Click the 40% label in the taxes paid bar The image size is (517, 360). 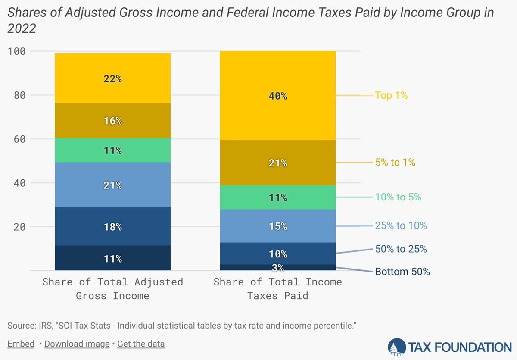click(x=278, y=96)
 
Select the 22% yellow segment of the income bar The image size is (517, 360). click(x=112, y=78)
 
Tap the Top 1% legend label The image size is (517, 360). click(x=391, y=95)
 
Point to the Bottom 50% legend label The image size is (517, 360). click(x=402, y=272)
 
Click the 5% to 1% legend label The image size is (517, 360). click(x=395, y=163)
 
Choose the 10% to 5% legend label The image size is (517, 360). click(x=398, y=197)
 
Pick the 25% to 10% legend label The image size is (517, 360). click(x=401, y=225)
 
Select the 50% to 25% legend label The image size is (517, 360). click(x=401, y=249)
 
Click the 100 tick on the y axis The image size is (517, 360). click(x=17, y=51)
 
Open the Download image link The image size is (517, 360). click(x=77, y=344)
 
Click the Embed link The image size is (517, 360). click(x=21, y=344)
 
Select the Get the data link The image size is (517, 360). click(x=141, y=344)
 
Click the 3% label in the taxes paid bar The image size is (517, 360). click(x=278, y=268)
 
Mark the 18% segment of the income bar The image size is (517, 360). click(x=112, y=226)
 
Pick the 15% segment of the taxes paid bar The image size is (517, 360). click(x=278, y=226)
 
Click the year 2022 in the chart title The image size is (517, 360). click(x=22, y=29)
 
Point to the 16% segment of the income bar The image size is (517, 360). click(x=112, y=121)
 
